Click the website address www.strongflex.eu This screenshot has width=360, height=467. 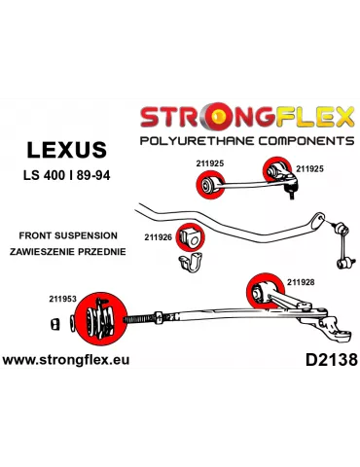(66, 361)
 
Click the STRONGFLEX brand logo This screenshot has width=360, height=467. (247, 119)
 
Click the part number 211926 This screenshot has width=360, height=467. (159, 235)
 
